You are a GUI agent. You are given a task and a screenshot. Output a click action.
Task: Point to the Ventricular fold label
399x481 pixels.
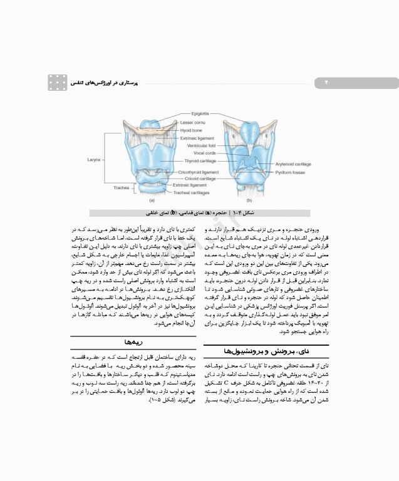click(201, 145)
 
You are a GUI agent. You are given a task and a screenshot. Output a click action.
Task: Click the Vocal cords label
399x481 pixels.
click(205, 153)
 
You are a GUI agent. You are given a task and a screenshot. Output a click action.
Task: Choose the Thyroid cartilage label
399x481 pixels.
click(202, 161)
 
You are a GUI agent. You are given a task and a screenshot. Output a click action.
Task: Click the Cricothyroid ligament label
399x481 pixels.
click(198, 172)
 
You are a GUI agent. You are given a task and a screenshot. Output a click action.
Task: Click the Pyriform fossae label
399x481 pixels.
click(291, 170)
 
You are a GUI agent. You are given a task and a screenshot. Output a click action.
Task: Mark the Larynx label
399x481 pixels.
click(94, 160)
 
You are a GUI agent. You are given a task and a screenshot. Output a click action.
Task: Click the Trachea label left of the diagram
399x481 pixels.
click(122, 187)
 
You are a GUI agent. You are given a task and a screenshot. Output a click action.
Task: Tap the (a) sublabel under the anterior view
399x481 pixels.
click(152, 200)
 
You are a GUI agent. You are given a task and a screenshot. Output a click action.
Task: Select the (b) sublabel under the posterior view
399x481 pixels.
click(249, 200)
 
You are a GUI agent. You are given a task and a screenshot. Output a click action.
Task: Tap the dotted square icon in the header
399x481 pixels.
click(58, 82)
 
